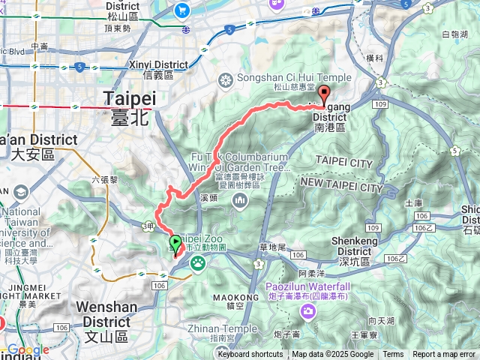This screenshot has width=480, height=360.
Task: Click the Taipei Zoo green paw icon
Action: (x=199, y=262)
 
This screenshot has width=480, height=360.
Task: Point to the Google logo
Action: (x=28, y=349)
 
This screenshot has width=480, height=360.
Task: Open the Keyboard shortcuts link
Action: (x=250, y=355)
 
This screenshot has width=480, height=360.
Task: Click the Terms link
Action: (x=393, y=355)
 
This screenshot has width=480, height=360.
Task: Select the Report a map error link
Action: (x=445, y=355)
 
